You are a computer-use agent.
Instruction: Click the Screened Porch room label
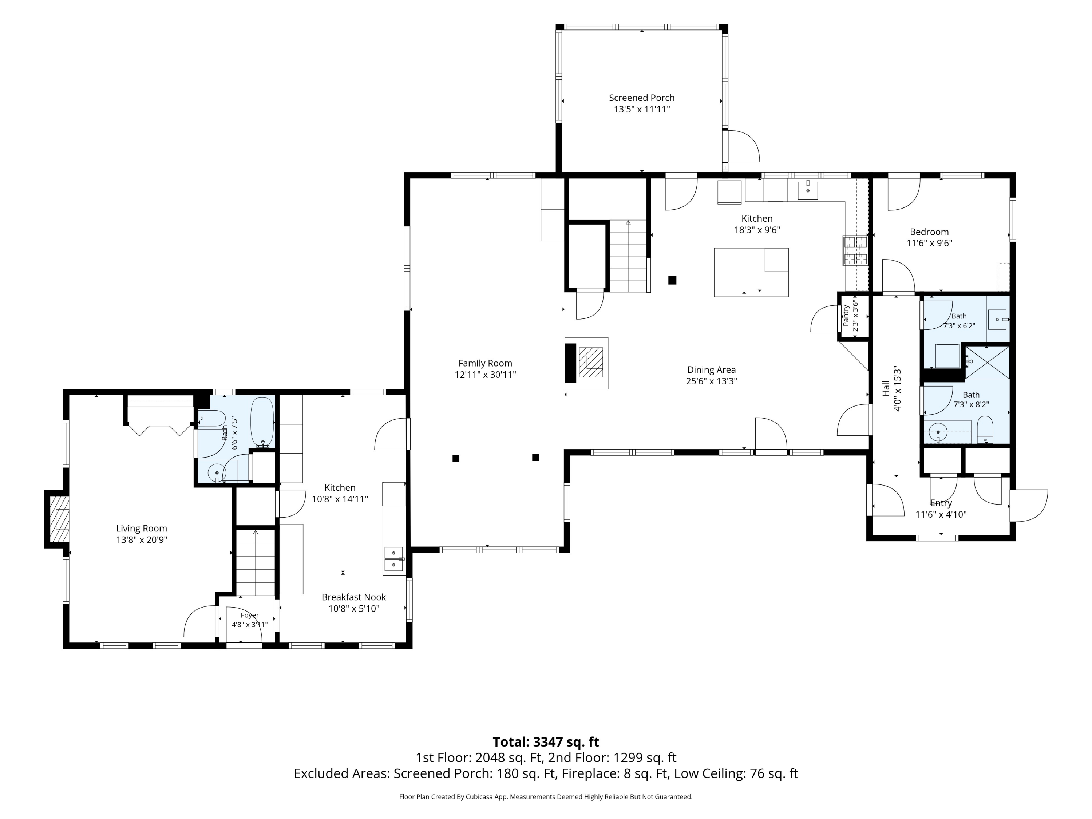point(641,98)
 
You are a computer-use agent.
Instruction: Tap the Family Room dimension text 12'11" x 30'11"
point(485,375)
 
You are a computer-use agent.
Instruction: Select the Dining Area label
point(711,370)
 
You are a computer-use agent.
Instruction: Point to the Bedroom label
point(929,232)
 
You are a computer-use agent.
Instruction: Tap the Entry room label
point(941,503)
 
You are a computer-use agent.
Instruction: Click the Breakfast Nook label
point(353,597)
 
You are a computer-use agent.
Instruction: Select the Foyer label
point(250,615)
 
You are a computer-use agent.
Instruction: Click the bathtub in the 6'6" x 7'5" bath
point(262,423)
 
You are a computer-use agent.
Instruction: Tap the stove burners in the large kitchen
point(855,250)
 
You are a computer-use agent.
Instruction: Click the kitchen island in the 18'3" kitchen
point(751,272)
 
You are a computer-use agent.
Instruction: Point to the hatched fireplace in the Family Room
point(591,362)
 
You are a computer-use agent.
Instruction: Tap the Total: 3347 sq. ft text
point(546,742)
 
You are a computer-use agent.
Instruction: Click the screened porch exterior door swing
point(743,146)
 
